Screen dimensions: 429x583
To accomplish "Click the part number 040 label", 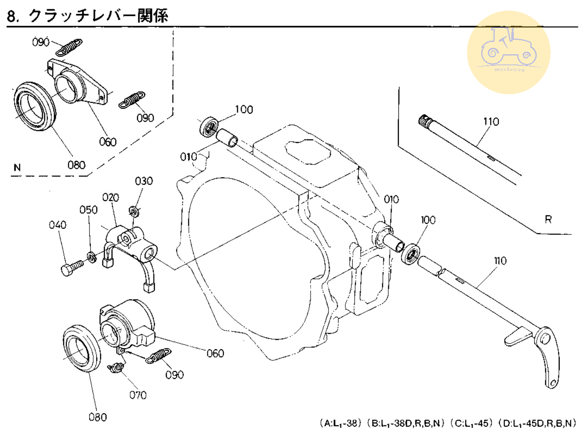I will tap(57, 225).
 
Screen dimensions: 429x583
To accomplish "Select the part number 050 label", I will tap(88, 210).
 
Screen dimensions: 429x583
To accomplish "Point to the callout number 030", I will tap(144, 181).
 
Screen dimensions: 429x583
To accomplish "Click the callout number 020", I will tap(110, 198).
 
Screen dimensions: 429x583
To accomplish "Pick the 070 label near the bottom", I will tap(138, 395).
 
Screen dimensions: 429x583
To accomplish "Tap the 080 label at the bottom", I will tap(98, 417).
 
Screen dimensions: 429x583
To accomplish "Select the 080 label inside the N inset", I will tap(76, 165).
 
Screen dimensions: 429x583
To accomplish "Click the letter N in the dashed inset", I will tap(17, 167).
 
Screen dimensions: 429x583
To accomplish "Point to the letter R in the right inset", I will tap(548, 220).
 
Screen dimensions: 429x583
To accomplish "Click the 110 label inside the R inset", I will tap(491, 122).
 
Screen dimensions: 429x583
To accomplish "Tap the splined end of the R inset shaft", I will tap(424, 121).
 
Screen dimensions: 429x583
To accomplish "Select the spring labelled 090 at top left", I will tap(70, 47).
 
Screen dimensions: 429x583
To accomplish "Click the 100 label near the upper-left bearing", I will tap(244, 110).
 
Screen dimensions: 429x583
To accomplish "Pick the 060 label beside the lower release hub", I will tap(215, 353).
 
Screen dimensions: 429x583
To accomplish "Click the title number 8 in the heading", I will tap(12, 16).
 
